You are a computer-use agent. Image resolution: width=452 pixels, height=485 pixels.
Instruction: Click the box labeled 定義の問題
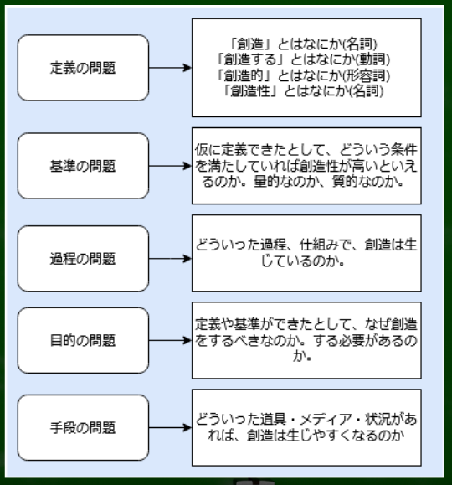[x=83, y=68]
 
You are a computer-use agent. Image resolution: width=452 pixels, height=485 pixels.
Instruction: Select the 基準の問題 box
[x=83, y=166]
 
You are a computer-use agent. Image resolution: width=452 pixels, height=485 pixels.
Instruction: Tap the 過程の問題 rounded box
[x=83, y=259]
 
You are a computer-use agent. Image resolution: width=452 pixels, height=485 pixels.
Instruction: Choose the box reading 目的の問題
[x=83, y=340]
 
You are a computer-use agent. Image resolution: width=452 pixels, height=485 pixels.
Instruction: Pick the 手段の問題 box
[x=83, y=427]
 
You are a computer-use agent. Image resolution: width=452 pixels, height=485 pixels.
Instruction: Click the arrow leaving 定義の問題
[x=171, y=68]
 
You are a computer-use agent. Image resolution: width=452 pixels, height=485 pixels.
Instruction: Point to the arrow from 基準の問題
[x=171, y=166]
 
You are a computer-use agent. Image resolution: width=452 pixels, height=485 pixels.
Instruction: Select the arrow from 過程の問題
[x=171, y=259]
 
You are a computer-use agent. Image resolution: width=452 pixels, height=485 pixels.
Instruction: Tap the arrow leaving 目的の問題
[x=171, y=340]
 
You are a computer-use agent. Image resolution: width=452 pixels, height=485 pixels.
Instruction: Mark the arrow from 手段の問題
[x=171, y=427]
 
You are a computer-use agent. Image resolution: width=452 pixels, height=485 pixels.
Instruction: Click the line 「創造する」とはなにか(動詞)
[x=303, y=59]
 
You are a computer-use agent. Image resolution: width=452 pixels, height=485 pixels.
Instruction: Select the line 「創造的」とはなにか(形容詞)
[x=303, y=75]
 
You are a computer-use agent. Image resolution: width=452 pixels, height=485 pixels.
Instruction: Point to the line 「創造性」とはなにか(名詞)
[x=303, y=91]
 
